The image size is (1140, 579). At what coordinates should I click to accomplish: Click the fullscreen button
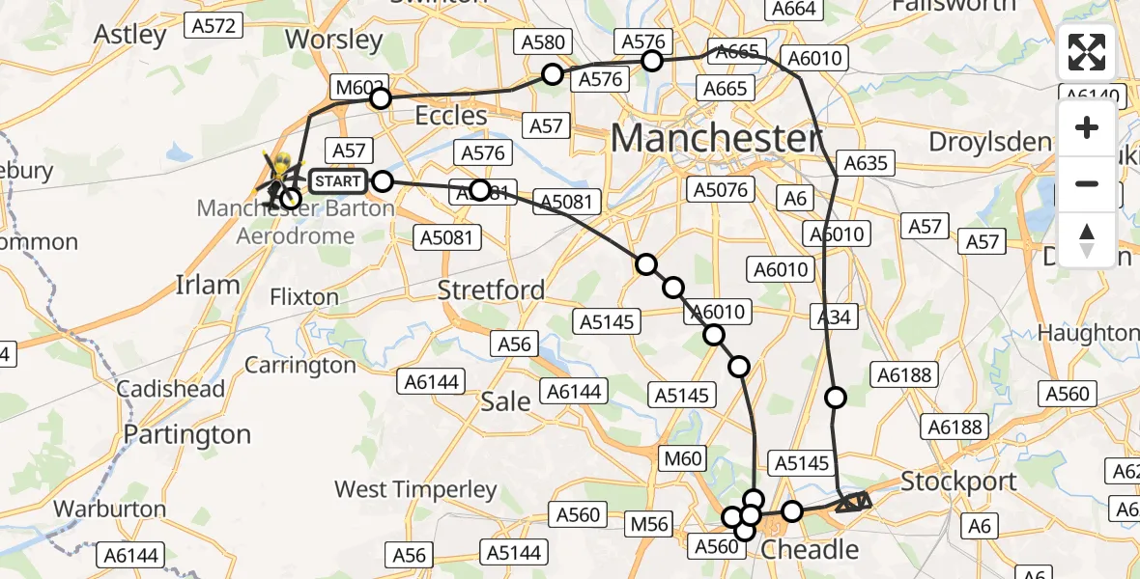click(x=1087, y=52)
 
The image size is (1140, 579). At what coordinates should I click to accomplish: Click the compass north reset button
click(x=1087, y=240)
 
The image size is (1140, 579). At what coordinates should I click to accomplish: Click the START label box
click(x=339, y=180)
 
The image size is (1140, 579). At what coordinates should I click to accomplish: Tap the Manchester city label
click(x=716, y=139)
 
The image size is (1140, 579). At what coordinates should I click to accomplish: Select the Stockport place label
click(x=958, y=481)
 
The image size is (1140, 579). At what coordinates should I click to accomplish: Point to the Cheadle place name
click(x=810, y=550)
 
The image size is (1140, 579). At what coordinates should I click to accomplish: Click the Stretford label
click(x=491, y=289)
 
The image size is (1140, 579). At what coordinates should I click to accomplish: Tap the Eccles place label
click(x=451, y=116)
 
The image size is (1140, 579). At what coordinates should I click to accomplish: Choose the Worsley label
click(x=335, y=40)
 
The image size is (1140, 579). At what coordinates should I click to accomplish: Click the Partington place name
click(x=188, y=434)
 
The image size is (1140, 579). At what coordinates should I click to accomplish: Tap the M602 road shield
click(x=356, y=86)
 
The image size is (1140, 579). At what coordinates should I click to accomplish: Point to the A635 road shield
click(x=865, y=163)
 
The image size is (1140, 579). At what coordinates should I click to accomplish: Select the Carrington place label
click(x=300, y=365)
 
